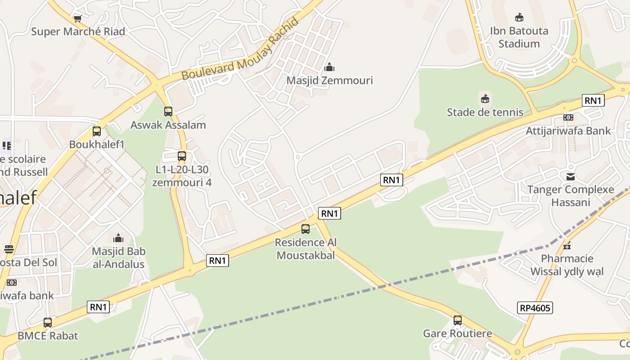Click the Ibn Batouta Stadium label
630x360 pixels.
click(x=519, y=37)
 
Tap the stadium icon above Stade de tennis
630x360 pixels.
click(x=485, y=99)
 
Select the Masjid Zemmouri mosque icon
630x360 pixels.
click(x=329, y=67)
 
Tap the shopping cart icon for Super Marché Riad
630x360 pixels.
click(x=77, y=18)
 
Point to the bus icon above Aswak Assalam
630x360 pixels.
click(x=168, y=111)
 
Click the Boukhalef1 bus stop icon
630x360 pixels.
click(x=96, y=131)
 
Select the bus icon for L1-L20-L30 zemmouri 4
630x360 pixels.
click(x=182, y=156)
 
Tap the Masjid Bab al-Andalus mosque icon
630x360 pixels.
click(x=118, y=238)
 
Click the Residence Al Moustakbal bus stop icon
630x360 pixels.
click(x=306, y=229)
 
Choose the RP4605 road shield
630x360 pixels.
click(x=535, y=308)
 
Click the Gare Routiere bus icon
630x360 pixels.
click(x=458, y=320)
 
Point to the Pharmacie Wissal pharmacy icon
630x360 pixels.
click(x=567, y=245)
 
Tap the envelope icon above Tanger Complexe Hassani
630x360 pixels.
click(x=571, y=176)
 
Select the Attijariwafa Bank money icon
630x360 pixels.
click(x=568, y=117)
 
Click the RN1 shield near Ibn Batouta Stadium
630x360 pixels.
click(x=593, y=100)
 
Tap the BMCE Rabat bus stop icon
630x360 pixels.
click(x=47, y=323)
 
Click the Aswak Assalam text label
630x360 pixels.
click(x=168, y=125)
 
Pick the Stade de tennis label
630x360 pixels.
click(x=485, y=112)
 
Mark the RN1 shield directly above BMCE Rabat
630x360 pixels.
click(x=98, y=307)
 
